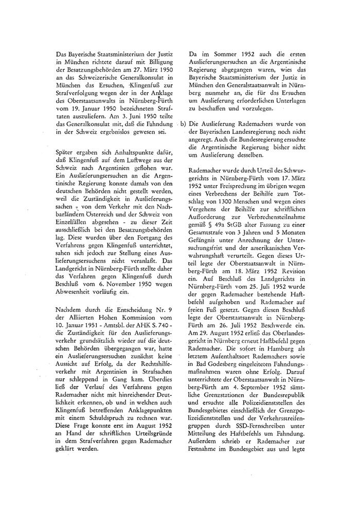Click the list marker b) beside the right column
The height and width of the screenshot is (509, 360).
(184, 125)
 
